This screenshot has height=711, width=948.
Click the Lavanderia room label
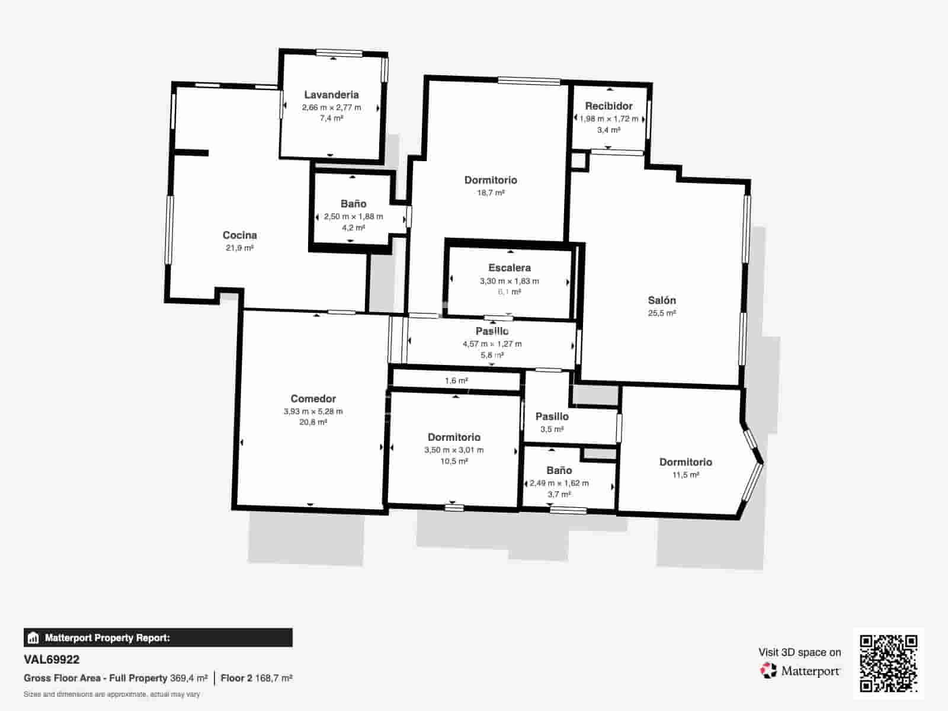[x=331, y=95]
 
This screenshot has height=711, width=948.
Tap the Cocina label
[x=240, y=235]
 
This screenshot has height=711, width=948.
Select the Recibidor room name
[x=608, y=106]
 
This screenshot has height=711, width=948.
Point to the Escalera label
[x=510, y=268]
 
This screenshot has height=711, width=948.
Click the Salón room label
[x=662, y=300]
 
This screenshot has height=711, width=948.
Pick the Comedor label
[x=313, y=398]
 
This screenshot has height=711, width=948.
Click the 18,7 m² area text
[x=491, y=193]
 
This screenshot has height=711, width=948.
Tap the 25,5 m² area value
[x=662, y=313]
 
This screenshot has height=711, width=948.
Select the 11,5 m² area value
[x=686, y=475]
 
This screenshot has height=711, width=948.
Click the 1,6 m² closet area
[x=456, y=381]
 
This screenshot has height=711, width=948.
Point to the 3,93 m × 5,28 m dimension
[x=313, y=411]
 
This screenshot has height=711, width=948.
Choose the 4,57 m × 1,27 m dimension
[x=492, y=344]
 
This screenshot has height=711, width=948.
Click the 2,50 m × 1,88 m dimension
[x=353, y=216]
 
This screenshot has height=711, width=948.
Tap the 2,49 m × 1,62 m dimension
[x=559, y=483]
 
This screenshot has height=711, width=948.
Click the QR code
[x=888, y=664]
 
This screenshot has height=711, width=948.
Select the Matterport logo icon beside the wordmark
[x=768, y=671]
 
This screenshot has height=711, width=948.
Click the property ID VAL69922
[x=52, y=659]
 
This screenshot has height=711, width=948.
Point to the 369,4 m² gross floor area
[x=189, y=678]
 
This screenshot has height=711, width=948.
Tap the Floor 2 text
[x=236, y=678]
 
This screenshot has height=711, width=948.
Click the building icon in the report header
[x=33, y=638]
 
